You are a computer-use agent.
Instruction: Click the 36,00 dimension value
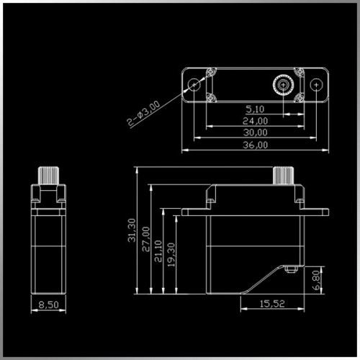[x=255, y=145]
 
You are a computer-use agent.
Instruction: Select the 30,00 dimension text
[x=255, y=132]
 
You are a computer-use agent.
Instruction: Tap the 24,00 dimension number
[x=255, y=121]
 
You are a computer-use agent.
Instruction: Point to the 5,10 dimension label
[x=255, y=109]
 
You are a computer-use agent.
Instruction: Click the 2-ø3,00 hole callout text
[x=143, y=113]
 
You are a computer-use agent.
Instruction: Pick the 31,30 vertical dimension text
[x=132, y=230]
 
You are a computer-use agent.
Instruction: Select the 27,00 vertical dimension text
[x=146, y=239]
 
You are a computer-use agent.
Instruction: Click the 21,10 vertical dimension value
[x=158, y=251]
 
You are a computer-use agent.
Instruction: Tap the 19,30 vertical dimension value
[x=171, y=255]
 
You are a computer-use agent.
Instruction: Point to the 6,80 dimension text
[x=317, y=280]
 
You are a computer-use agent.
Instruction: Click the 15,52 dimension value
[x=272, y=304]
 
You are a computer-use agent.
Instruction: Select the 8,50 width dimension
[x=48, y=305]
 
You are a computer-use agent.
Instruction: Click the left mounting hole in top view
[x=194, y=85]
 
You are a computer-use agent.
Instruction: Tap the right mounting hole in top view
[x=316, y=85]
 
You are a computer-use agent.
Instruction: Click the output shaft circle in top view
[x=284, y=85]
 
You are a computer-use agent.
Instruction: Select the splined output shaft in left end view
[x=48, y=176]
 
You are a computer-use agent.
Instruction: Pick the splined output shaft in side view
[x=284, y=176]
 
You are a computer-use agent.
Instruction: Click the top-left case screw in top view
[x=211, y=71]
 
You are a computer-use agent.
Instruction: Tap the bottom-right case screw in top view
[x=300, y=98]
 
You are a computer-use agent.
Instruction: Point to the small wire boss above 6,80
[x=291, y=269]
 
